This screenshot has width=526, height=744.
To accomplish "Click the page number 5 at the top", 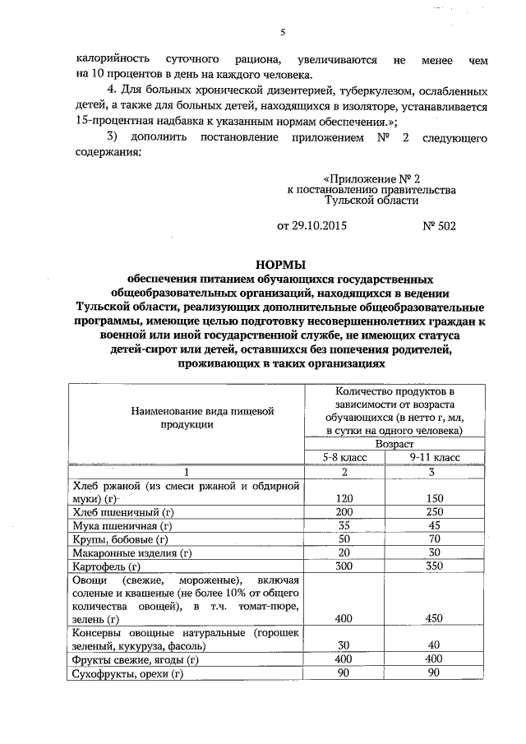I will [x=281, y=32].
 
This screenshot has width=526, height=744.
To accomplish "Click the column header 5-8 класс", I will [x=344, y=456].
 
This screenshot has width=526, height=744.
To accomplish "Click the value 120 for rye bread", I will [x=345, y=498].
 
